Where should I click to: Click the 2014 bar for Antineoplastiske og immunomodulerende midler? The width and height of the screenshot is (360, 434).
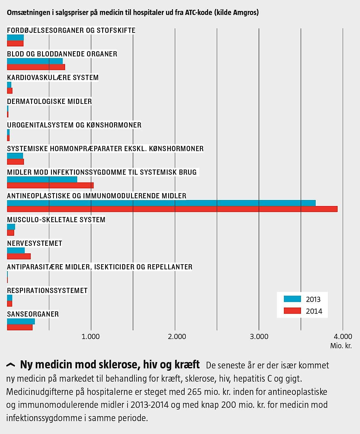tap(172, 209)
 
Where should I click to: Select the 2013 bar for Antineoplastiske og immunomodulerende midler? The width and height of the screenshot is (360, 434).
tap(161, 203)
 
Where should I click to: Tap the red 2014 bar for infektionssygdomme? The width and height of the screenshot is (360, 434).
tap(50, 185)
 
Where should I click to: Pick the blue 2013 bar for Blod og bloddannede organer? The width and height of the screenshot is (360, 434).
tap(35, 61)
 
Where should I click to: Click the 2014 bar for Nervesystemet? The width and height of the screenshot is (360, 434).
tap(19, 256)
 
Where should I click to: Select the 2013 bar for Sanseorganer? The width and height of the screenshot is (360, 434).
tap(21, 321)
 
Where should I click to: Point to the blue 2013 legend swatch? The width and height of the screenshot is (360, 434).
tap(292, 299)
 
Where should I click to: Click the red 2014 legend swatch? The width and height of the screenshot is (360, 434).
tap(292, 311)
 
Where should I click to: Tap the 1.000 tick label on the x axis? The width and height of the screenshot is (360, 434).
tap(90, 336)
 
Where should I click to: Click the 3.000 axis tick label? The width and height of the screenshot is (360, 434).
tap(259, 336)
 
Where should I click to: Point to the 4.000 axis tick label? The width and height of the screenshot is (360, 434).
tap(343, 336)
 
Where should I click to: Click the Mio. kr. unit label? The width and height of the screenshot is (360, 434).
tap(341, 346)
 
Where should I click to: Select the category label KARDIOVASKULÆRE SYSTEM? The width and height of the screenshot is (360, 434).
tap(53, 78)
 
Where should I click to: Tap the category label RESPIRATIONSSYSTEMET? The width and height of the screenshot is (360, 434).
tap(47, 291)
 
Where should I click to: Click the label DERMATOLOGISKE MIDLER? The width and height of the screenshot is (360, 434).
tap(49, 101)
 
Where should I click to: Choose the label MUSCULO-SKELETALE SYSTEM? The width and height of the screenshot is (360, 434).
tap(56, 220)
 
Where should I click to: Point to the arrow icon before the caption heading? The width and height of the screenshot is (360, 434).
tap(11, 365)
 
